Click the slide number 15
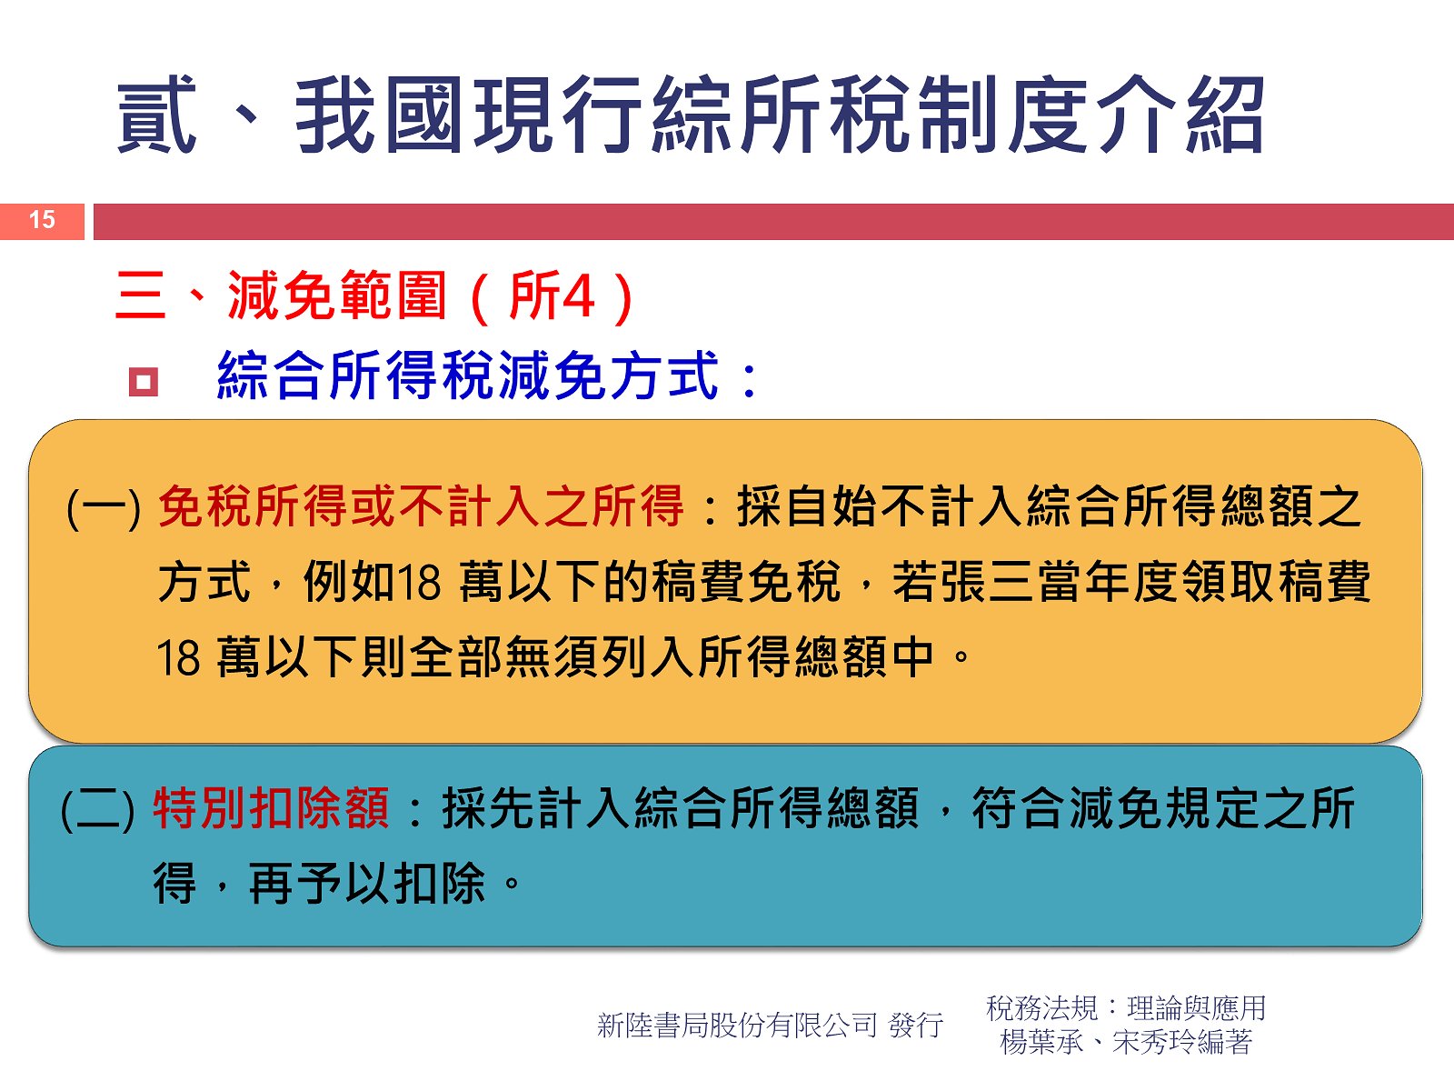pos(42,219)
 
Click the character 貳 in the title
pos(157,115)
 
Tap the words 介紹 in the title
pos(1179,115)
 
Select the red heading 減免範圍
pos(336,295)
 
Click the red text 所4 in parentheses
pos(552,295)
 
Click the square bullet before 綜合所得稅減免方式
pos(144,382)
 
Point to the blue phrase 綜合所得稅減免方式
pos(468,375)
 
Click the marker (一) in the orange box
pos(104,507)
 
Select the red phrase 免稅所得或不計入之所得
pos(421,506)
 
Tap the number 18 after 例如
pos(420,583)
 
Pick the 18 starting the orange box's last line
pos(178,658)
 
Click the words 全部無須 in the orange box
pos(504,657)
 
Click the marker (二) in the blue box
pos(97,809)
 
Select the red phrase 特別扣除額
pos(270,808)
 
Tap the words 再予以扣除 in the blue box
pos(367,884)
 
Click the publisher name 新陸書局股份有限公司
pos(737,1025)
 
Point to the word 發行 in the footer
pos(916,1025)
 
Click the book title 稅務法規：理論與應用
pos(1126,1007)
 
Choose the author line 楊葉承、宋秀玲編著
pos(1126,1042)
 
